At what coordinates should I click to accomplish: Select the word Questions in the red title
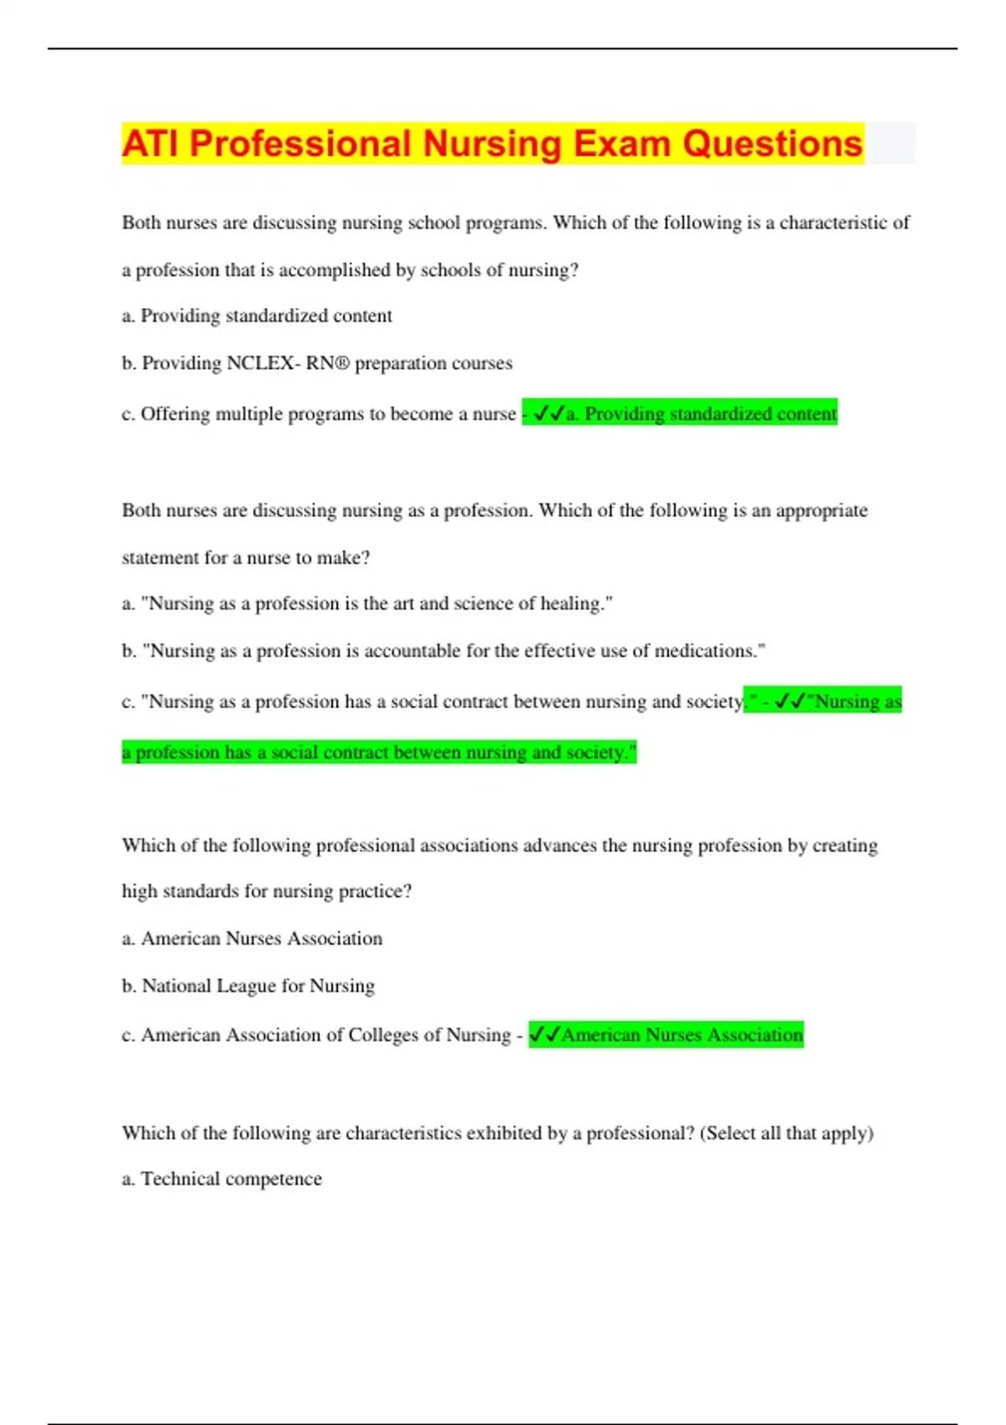772,143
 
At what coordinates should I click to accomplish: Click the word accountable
412,651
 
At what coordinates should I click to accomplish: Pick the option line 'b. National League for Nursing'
248,986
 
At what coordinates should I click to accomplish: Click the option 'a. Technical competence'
222,1179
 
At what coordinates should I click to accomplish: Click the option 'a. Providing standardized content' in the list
257,316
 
